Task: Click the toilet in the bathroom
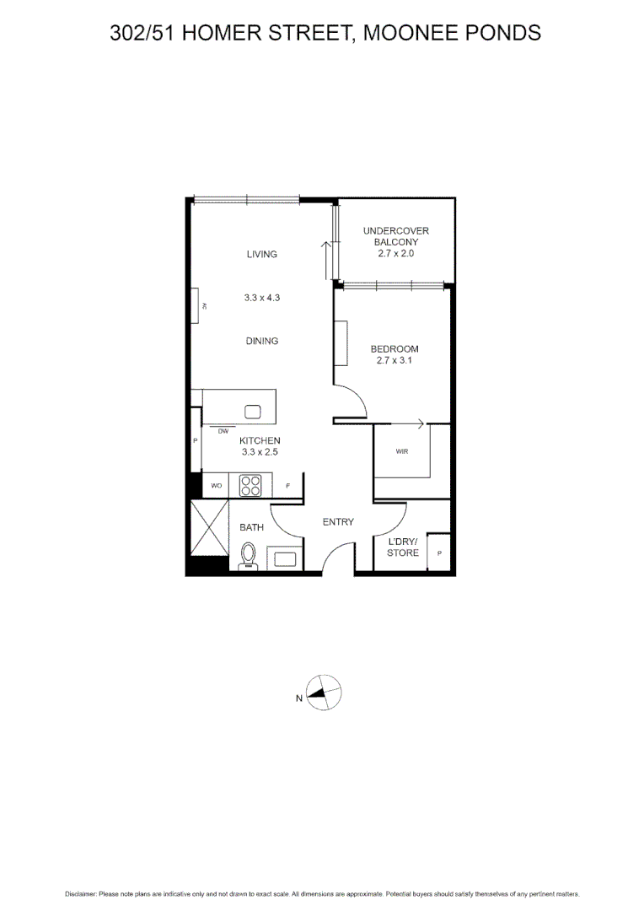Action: pyautogui.click(x=248, y=556)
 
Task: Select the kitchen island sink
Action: pyautogui.click(x=252, y=412)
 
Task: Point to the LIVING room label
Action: pyautogui.click(x=262, y=254)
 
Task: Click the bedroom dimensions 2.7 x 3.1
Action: pyautogui.click(x=394, y=360)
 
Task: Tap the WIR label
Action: pyautogui.click(x=401, y=451)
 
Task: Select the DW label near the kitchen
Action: pyautogui.click(x=223, y=431)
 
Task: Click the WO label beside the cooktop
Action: pyautogui.click(x=216, y=486)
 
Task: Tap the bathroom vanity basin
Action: pyautogui.click(x=283, y=558)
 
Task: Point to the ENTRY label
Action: pyautogui.click(x=338, y=522)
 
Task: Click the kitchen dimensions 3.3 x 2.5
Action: pyautogui.click(x=260, y=452)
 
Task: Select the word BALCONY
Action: pyautogui.click(x=395, y=242)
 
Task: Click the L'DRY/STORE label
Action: pyautogui.click(x=403, y=547)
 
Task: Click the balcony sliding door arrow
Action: pyautogui.click(x=325, y=258)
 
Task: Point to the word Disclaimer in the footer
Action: pyautogui.click(x=81, y=894)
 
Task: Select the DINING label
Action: pyautogui.click(x=262, y=341)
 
